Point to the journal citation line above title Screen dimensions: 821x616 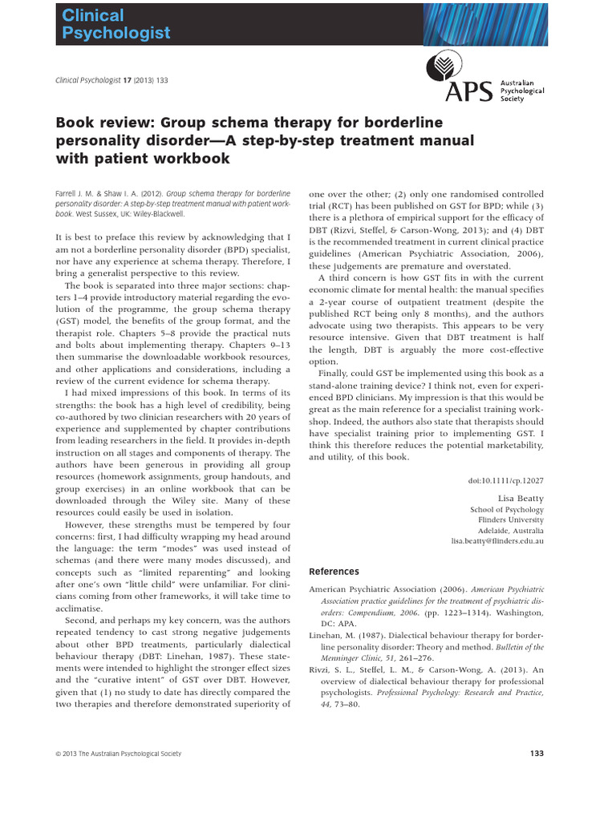(111, 80)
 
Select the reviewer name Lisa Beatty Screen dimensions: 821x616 (521, 497)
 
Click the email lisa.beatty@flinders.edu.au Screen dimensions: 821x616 (497, 541)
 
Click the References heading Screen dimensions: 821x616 (334, 572)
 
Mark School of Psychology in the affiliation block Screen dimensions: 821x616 (506, 509)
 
